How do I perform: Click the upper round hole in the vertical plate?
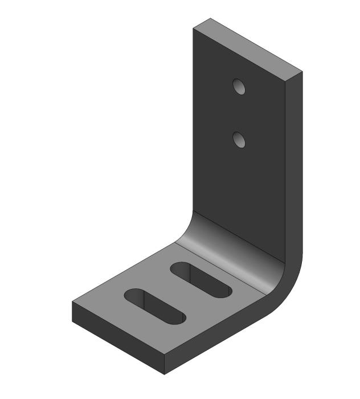[x=239, y=87]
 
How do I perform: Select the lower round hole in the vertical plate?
[x=239, y=139]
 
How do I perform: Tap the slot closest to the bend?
[x=201, y=279]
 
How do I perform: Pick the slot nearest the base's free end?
[x=155, y=306]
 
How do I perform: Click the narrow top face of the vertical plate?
[x=247, y=48]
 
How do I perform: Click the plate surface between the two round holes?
[x=239, y=113]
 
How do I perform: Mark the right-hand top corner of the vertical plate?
[x=302, y=72]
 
